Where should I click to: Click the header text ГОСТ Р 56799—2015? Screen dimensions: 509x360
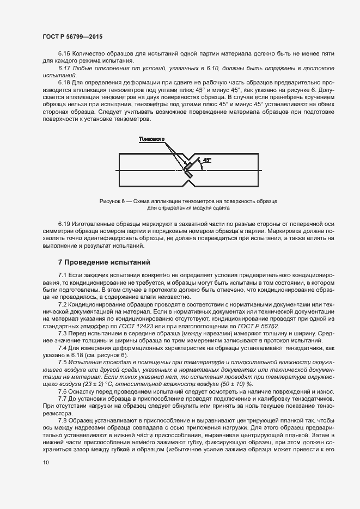click(x=72, y=36)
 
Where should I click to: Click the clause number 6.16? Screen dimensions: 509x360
click(x=64, y=53)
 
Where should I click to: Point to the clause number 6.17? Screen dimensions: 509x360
click(x=64, y=68)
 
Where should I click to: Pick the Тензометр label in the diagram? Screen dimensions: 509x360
click(x=151, y=139)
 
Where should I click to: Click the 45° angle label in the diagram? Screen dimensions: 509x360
click(x=208, y=160)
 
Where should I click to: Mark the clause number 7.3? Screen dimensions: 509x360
click(x=62, y=333)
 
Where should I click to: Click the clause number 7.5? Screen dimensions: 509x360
click(x=62, y=361)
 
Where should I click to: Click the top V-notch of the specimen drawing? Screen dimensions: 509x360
click(x=187, y=158)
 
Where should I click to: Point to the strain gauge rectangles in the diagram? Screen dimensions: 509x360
click(x=187, y=170)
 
